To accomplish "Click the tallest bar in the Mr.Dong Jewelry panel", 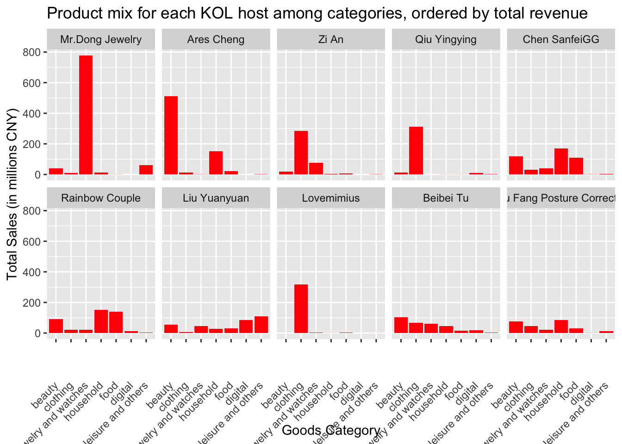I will click(86, 115).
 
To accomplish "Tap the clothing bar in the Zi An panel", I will click(301, 153).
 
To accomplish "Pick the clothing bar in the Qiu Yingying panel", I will click(416, 151).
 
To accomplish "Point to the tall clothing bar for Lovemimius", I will click(301, 308).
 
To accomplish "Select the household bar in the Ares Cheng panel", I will click(216, 163).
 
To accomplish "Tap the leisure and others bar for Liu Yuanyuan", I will click(261, 325).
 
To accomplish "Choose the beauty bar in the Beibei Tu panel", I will click(401, 325).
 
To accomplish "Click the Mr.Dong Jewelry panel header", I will click(101, 39).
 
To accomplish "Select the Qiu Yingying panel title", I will click(446, 39).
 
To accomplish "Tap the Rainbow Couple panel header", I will click(101, 198).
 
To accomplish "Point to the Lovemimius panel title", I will click(330, 198).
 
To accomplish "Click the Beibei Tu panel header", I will click(446, 198).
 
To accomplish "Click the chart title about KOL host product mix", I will click(317, 13).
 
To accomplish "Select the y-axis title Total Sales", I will click(12, 194).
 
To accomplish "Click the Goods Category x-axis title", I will click(330, 431).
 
